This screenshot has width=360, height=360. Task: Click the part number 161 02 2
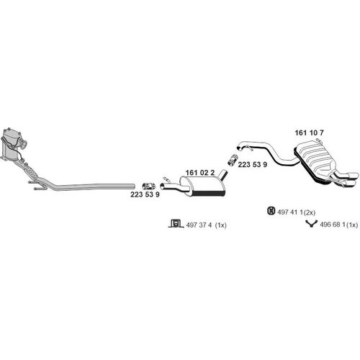click(x=200, y=173)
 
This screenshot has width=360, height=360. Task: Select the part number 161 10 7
click(x=309, y=132)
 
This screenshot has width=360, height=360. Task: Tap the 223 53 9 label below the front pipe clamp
click(x=145, y=194)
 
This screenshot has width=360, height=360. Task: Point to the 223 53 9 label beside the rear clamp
click(x=253, y=165)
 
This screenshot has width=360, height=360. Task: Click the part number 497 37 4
click(x=199, y=225)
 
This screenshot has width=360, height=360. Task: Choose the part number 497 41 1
click(x=290, y=212)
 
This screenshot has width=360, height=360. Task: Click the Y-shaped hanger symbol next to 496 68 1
click(x=311, y=224)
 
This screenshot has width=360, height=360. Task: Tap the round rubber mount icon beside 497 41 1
click(x=271, y=211)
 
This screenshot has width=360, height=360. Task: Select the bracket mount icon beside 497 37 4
click(x=175, y=223)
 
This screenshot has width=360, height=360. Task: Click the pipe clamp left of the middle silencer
click(x=149, y=186)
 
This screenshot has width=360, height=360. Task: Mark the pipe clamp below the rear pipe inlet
click(x=233, y=160)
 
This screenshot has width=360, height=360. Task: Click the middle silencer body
click(x=203, y=186)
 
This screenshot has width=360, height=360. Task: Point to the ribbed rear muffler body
click(x=315, y=160)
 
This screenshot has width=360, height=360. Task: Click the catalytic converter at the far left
click(x=12, y=144)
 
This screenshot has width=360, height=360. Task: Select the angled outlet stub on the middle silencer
click(x=223, y=175)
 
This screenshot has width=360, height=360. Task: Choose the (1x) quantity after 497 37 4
click(x=220, y=225)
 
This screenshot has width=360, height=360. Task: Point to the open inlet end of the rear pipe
click(x=239, y=147)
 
